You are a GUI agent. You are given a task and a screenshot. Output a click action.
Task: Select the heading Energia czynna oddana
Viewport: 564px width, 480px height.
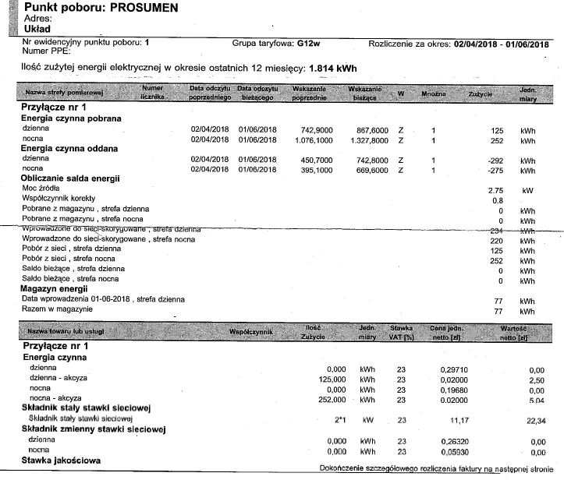69,148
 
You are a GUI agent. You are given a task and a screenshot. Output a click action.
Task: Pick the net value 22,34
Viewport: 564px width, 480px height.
536,420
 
